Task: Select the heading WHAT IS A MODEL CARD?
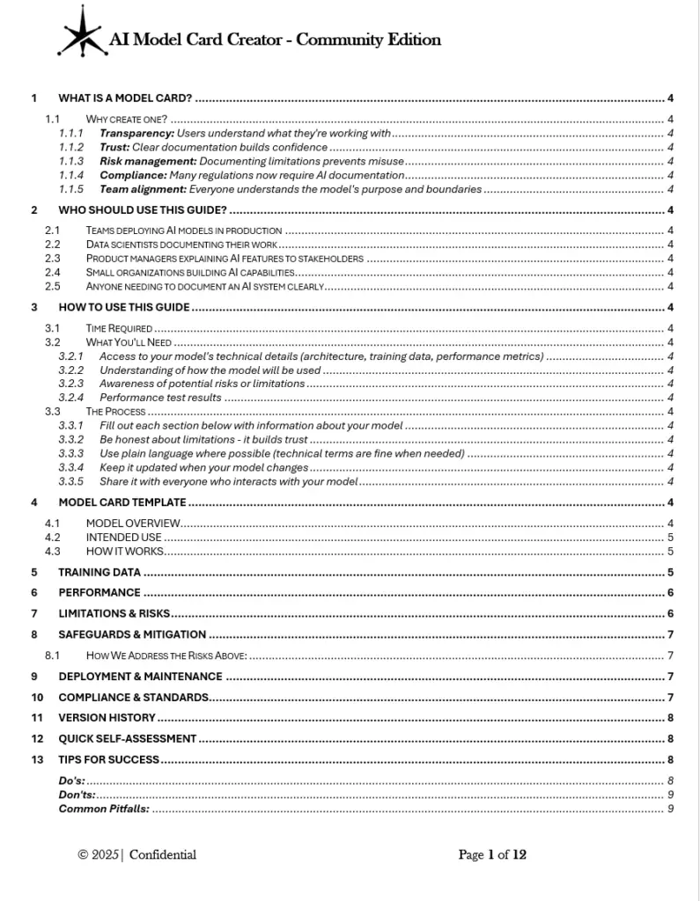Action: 125,98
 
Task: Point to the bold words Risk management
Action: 148,161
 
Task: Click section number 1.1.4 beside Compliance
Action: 71,175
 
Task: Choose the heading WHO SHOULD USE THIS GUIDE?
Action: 143,209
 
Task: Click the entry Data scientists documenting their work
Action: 182,244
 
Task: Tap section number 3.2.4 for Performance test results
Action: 71,397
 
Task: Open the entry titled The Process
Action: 115,411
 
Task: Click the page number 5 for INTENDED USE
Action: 671,537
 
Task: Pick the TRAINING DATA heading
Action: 99,572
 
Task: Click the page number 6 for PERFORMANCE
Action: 671,592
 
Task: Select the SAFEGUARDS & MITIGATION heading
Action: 132,634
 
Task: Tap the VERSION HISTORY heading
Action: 107,717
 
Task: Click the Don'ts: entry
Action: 76,794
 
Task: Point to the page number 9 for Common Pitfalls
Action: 671,808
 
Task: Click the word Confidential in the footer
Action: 163,854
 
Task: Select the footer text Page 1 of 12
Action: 492,854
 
